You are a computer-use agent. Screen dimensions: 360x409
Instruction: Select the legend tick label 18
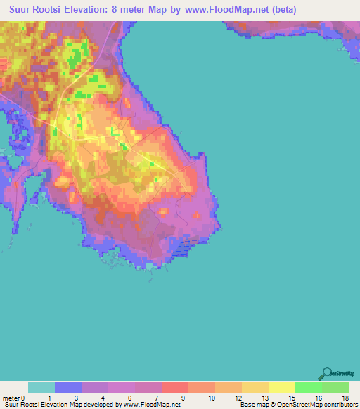[x=344, y=397]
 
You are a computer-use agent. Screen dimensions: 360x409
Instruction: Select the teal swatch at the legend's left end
[x=41, y=387]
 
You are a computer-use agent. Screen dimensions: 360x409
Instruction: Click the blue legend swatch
[x=68, y=387]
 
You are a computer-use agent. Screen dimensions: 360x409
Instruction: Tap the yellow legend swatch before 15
[x=281, y=387]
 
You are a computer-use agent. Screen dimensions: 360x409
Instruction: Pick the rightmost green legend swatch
[x=335, y=387]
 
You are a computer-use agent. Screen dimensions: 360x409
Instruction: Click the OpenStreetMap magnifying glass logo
[x=326, y=373]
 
